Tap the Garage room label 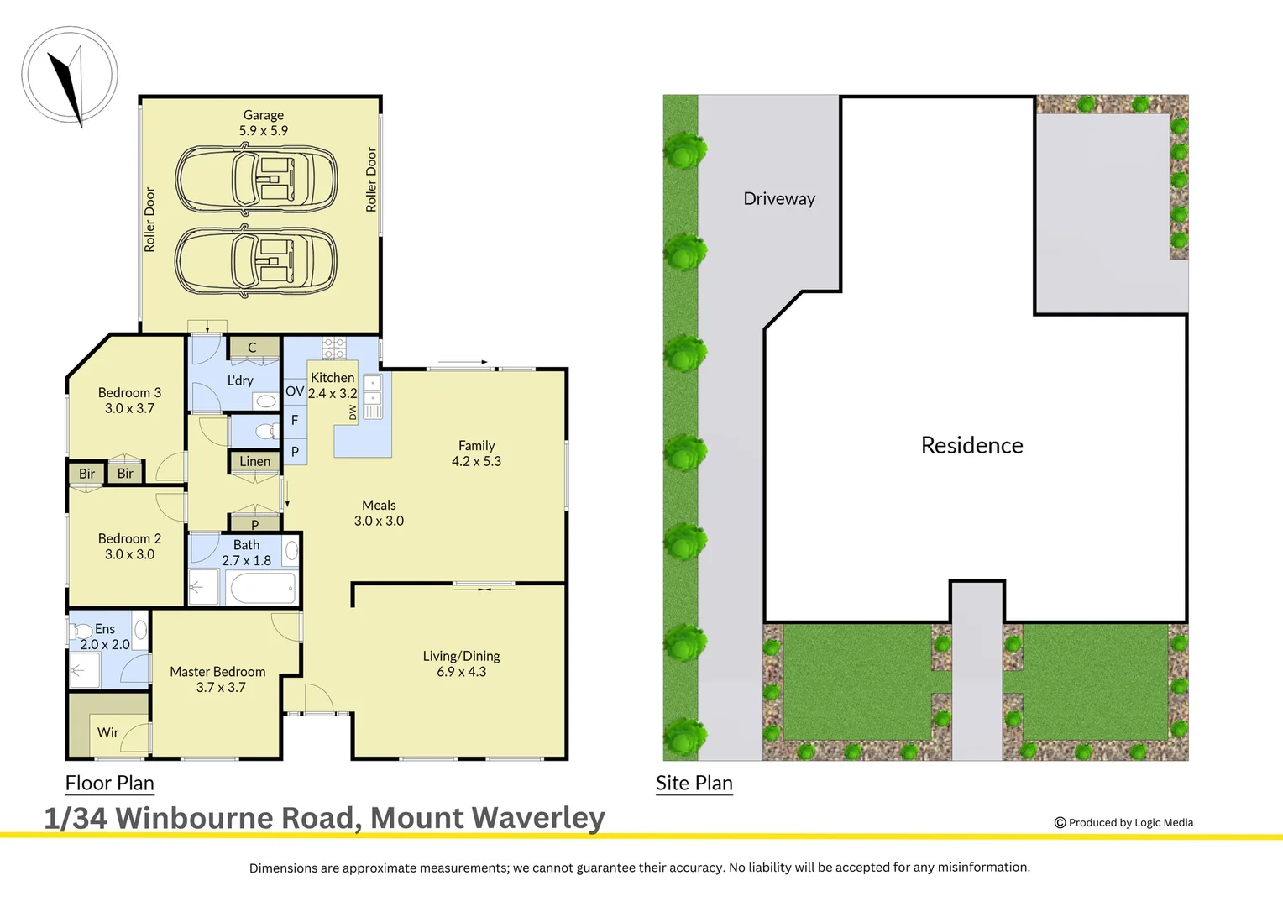[x=263, y=115]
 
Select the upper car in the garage [x=256, y=179]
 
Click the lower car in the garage [x=256, y=260]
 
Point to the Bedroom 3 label [x=129, y=392]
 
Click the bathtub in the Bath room [x=263, y=589]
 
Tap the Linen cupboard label [x=254, y=461]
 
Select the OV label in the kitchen [x=295, y=391]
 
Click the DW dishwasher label [x=353, y=412]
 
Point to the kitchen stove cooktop [x=334, y=348]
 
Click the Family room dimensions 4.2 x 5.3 [x=476, y=461]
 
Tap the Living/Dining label [x=461, y=656]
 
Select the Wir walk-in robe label [x=107, y=732]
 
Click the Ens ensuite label [x=105, y=628]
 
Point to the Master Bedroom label [x=217, y=672]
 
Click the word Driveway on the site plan [x=779, y=199]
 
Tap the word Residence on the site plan [x=971, y=445]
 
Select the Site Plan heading [x=694, y=783]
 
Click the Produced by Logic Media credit [x=1123, y=823]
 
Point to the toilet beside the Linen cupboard [x=266, y=432]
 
